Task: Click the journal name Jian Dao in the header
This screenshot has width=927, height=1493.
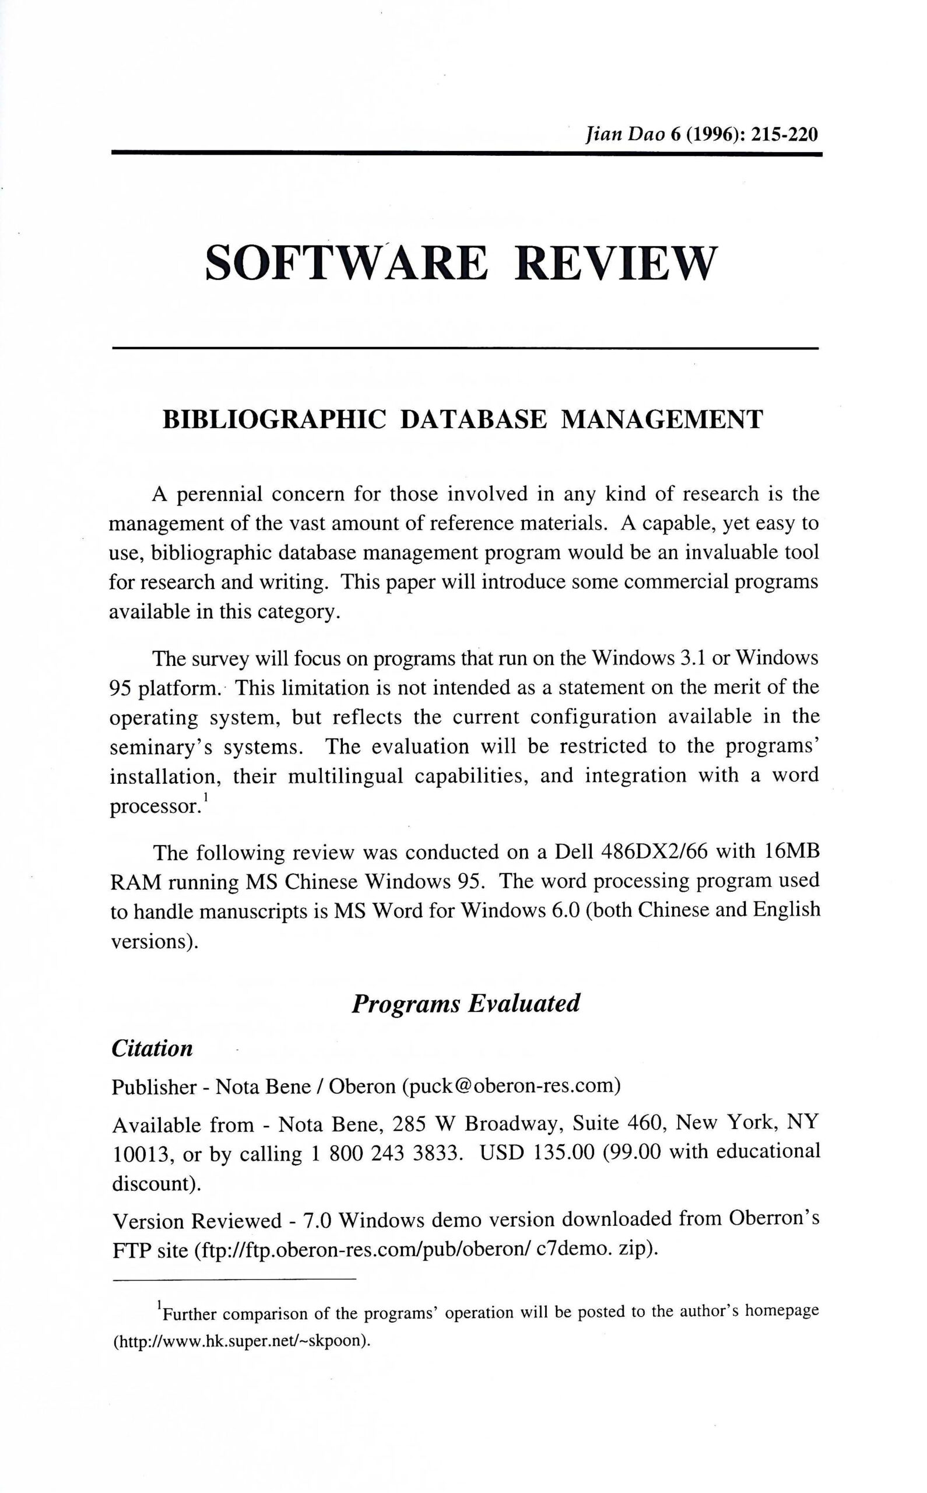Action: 626,134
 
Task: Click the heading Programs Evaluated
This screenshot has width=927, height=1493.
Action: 465,1004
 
